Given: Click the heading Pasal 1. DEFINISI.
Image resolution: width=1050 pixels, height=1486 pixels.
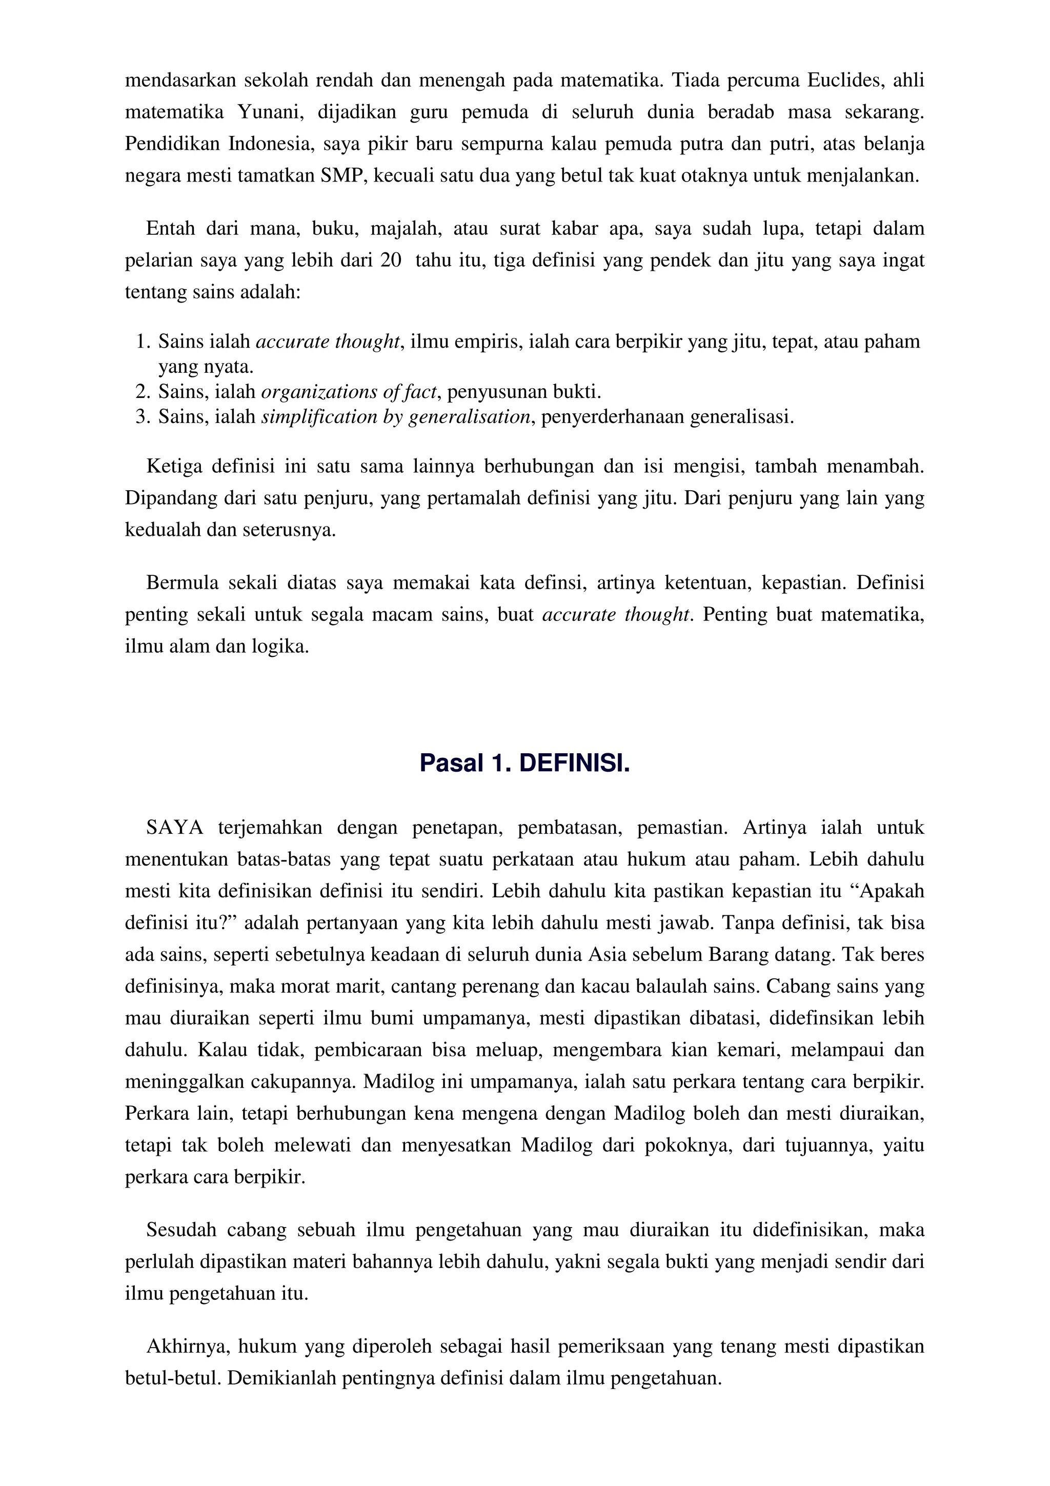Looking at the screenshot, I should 524,764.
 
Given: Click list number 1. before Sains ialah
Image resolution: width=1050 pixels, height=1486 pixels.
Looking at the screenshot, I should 144,342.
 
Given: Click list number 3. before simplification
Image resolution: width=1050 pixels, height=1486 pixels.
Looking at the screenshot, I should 144,417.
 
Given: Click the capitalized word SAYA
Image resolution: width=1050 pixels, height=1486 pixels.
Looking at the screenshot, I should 175,828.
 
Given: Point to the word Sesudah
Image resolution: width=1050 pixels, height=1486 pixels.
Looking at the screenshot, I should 181,1230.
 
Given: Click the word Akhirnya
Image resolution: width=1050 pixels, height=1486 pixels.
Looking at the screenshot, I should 188,1347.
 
